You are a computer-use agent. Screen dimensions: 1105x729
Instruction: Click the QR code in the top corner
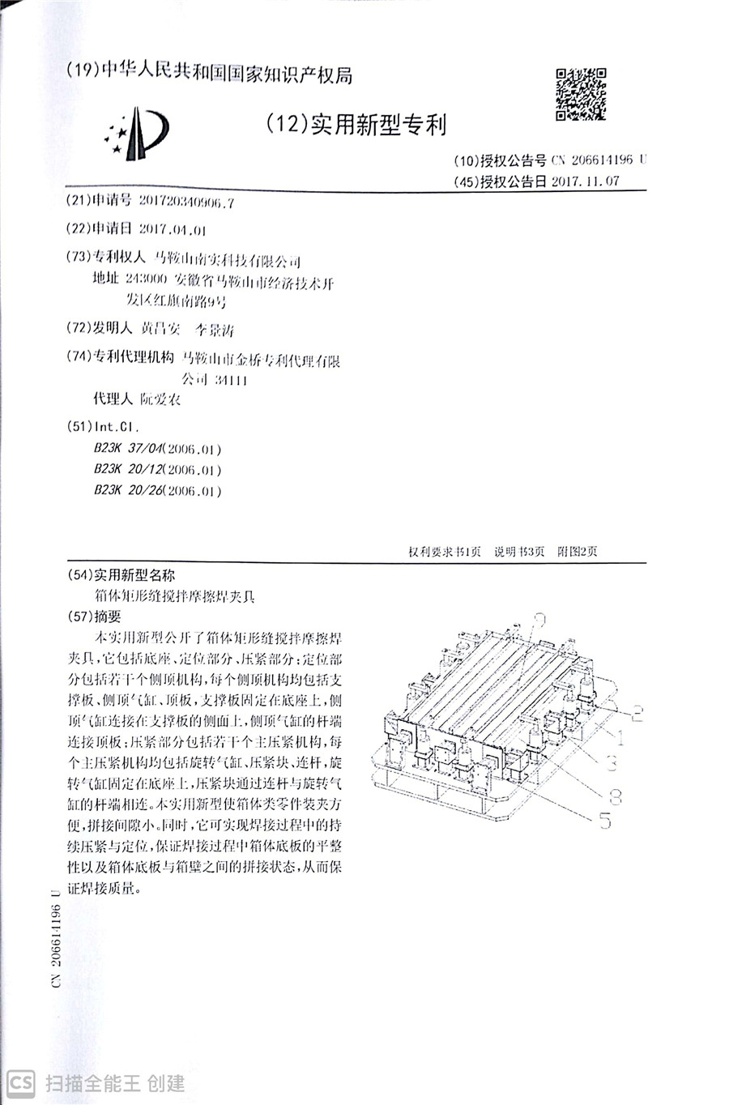(x=580, y=95)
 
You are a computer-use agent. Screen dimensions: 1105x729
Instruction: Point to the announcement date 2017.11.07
(x=585, y=181)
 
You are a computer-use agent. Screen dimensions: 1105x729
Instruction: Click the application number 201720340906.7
(x=186, y=203)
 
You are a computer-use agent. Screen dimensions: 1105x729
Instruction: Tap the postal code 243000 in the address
(x=146, y=281)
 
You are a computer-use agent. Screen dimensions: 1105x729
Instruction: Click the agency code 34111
(x=232, y=380)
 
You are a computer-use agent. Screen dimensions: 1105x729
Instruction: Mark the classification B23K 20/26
(x=129, y=491)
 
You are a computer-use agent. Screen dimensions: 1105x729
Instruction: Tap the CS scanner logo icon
(x=21, y=1083)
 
